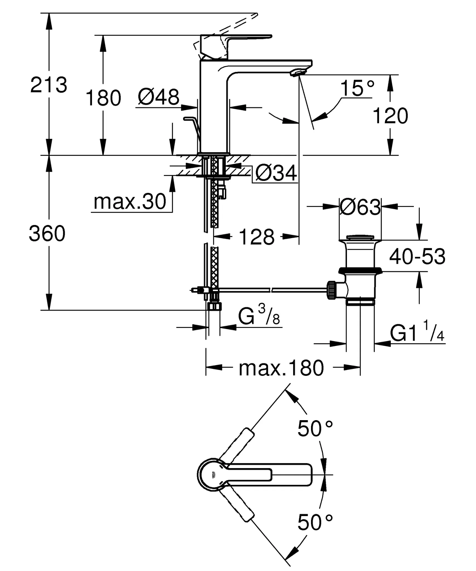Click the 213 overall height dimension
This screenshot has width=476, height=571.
pos(49,85)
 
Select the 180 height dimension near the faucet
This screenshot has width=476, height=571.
pos(103,98)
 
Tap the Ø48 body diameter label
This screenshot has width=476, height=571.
pos(158,97)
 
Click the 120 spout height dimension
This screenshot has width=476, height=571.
pos(390,116)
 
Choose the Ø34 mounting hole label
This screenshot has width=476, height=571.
pos(276,173)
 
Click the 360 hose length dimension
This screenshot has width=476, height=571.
pos(47,233)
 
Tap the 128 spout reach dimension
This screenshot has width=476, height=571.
pos(257,237)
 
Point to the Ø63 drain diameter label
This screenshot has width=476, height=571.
pos(360,207)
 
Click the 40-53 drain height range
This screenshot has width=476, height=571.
pos(417,257)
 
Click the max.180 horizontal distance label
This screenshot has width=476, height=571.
pos(281,368)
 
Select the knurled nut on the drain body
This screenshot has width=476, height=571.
pos(331,290)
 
